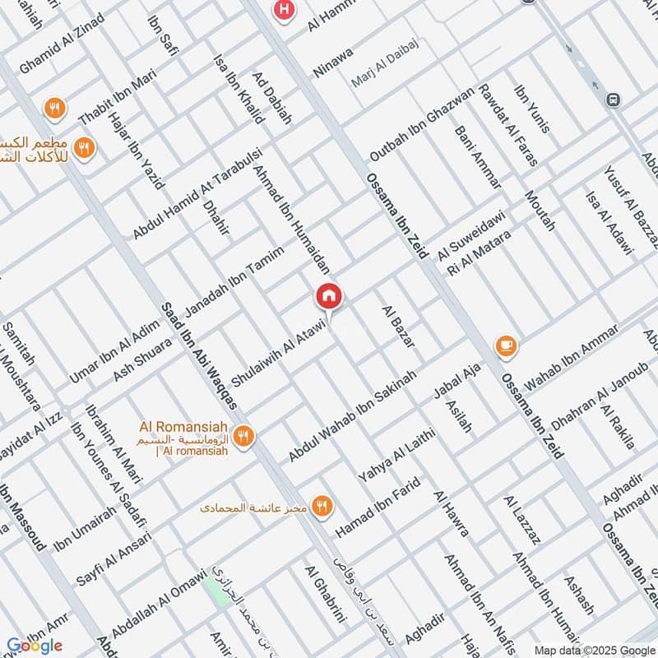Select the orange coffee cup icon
506,346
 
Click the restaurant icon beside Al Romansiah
243,437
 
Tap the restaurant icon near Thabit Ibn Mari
55,108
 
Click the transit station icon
611,100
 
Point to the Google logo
35,646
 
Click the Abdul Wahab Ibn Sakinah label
353,415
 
